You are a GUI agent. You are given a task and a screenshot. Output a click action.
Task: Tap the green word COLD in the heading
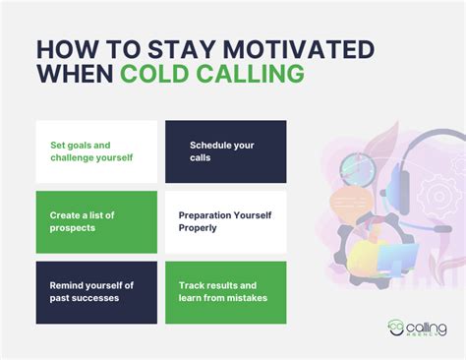[x=158, y=75]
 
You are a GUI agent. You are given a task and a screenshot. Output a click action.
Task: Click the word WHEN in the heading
[x=76, y=75]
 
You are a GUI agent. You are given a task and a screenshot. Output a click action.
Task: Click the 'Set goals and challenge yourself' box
[x=96, y=151]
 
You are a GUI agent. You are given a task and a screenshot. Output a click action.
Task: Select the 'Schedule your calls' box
[x=225, y=151]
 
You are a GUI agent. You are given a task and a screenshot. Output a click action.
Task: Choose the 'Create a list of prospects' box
[x=96, y=221]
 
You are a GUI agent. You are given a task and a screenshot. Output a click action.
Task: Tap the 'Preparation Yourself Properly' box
[x=225, y=221]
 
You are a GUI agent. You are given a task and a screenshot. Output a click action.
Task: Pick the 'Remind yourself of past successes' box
[x=96, y=292]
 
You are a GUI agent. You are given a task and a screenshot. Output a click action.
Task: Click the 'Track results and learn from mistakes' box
[x=225, y=292]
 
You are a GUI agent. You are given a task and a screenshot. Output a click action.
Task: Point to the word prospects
[x=74, y=228]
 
